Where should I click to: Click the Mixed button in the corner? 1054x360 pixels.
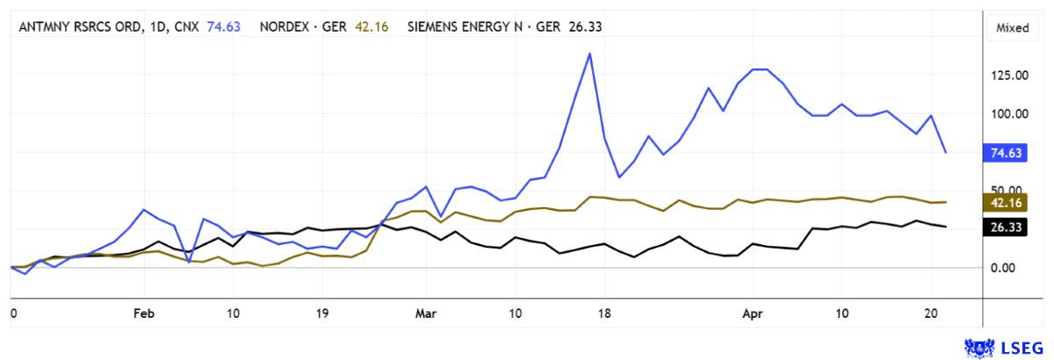[1012, 27]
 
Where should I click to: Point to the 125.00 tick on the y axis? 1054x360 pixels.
[1010, 76]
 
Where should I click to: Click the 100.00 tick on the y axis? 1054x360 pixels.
[1010, 114]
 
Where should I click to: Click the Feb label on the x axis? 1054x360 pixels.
[143, 313]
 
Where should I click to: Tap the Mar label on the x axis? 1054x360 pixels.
[425, 313]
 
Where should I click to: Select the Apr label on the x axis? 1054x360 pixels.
[753, 313]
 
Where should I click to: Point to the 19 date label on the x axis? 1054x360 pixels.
[322, 313]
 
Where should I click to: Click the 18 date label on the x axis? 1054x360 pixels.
[603, 313]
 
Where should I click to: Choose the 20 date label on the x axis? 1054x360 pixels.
[931, 313]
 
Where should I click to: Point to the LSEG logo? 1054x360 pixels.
[1007, 347]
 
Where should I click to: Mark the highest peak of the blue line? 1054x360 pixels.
[590, 54]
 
